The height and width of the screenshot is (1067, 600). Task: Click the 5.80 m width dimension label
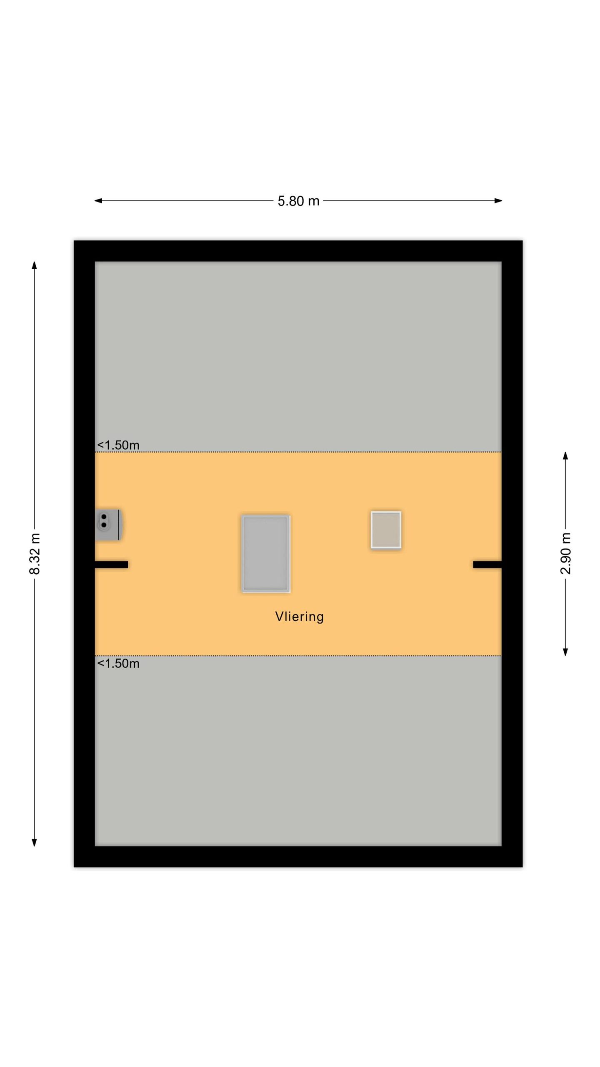coord(298,201)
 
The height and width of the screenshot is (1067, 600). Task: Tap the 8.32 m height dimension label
coord(35,554)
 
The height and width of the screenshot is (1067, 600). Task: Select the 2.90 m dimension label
coord(565,554)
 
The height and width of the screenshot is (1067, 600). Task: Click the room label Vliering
coord(299,616)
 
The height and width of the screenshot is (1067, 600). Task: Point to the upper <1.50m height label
coord(118,445)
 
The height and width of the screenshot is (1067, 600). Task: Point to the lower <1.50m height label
coord(118,664)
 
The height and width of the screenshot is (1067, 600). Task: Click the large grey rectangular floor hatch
coord(265,554)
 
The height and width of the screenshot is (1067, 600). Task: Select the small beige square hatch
coord(386,529)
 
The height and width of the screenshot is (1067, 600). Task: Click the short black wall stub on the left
coord(111,565)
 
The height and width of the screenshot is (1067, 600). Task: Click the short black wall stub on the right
coord(487,565)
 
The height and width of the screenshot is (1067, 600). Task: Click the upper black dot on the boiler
coord(104,517)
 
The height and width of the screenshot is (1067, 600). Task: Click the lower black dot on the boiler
coord(104,525)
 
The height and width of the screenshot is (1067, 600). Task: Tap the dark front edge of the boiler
coord(120,525)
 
